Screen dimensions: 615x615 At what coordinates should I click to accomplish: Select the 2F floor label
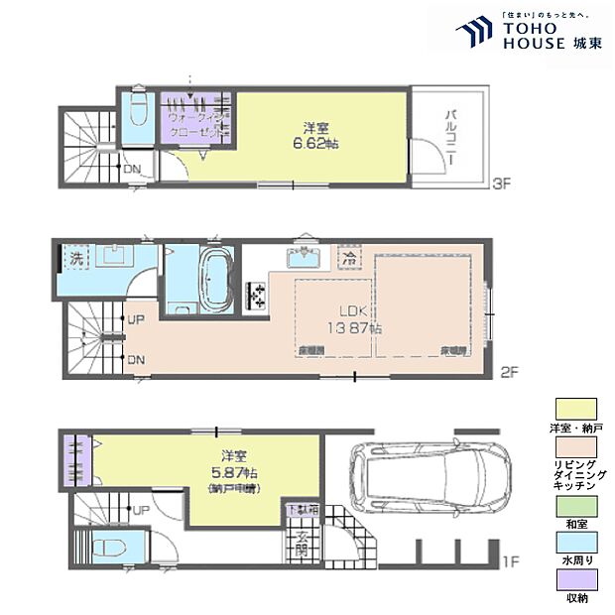coord(509,373)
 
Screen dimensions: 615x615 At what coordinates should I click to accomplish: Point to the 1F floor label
coord(509,562)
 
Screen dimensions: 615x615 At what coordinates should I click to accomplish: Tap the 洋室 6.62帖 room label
coord(317,135)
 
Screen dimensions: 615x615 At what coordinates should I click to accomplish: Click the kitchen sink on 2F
coord(301,258)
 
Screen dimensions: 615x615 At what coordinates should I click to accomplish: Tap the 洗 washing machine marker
coord(75,257)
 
